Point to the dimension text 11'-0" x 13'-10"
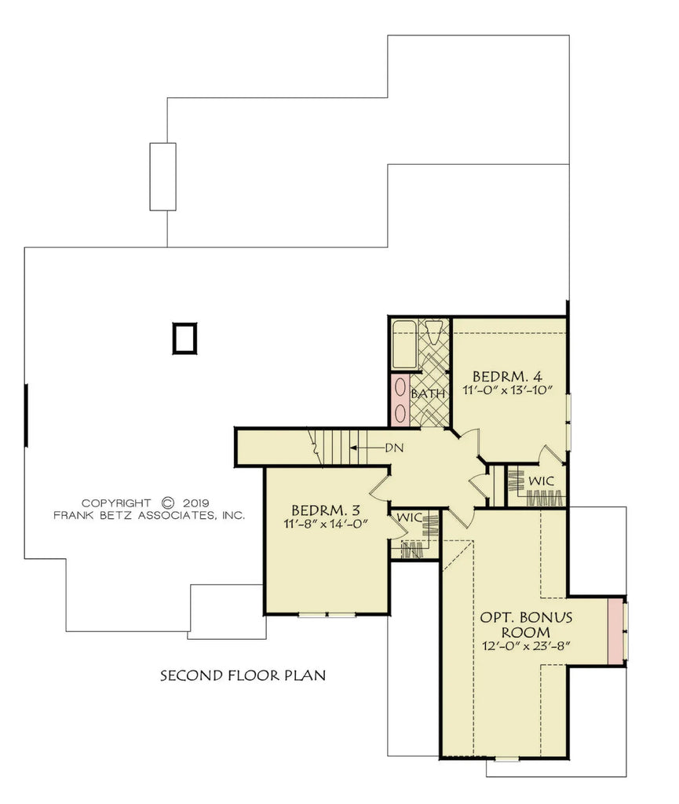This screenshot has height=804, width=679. click(514, 389)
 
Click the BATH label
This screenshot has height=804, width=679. click(428, 393)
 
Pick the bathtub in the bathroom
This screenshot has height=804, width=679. click(405, 344)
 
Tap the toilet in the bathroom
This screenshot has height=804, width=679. click(433, 329)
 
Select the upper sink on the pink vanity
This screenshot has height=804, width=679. click(400, 388)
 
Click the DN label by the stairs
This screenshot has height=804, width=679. click(394, 448)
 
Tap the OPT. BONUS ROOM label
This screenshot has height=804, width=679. click(526, 624)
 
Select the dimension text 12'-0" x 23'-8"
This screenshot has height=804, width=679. click(525, 645)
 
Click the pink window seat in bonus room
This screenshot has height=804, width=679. click(617, 630)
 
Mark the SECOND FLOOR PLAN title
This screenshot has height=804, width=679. click(243, 674)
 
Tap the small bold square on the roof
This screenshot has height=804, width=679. click(184, 338)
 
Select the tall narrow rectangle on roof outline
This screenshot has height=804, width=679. click(162, 177)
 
